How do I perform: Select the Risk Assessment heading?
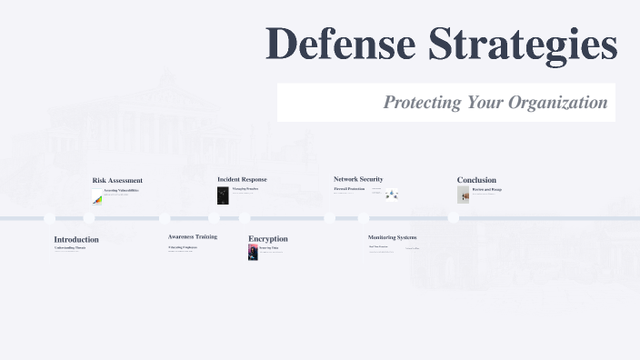(x=117, y=180)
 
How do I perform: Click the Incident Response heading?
(x=242, y=179)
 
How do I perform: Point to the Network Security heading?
(x=358, y=179)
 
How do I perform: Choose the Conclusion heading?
(x=476, y=180)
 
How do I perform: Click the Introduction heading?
(x=76, y=240)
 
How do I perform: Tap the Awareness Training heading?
(x=193, y=236)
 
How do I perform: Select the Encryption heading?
(x=268, y=239)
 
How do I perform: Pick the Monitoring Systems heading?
(x=392, y=237)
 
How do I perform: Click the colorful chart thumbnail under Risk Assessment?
(x=97, y=200)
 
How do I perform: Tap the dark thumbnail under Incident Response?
(x=223, y=195)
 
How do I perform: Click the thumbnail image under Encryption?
(x=253, y=252)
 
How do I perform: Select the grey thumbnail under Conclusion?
(x=464, y=195)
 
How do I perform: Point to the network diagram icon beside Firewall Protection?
(x=391, y=194)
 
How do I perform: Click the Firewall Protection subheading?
(x=349, y=189)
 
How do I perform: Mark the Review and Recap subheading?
(x=487, y=189)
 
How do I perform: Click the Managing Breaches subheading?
(x=245, y=189)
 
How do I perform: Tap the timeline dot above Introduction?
(x=50, y=218)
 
